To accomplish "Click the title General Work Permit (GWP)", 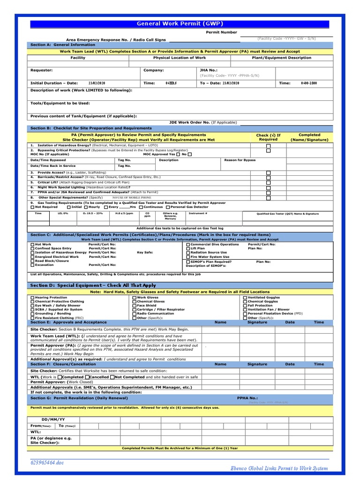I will pyautogui.click(x=180, y=23).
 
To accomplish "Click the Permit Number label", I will pyautogui.click(x=222, y=32).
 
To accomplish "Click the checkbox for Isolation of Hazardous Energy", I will pyautogui.click(x=269, y=146).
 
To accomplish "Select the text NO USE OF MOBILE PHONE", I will pyautogui.click(x=129, y=198).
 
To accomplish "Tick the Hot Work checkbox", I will pyautogui.click(x=32, y=244).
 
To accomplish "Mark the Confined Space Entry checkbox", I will pyautogui.click(x=32, y=248).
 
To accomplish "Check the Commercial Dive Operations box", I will pyautogui.click(x=188, y=244).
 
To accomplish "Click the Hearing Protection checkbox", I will pyautogui.click(x=32, y=298).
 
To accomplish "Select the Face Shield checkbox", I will pyautogui.click(x=135, y=306).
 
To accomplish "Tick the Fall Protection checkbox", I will pyautogui.click(x=245, y=306).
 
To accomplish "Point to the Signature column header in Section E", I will pyautogui.click(x=257, y=322).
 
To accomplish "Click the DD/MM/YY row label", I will pyautogui.click(x=53, y=419).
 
